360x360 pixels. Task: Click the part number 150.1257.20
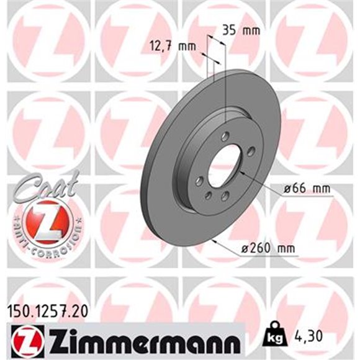(45, 307)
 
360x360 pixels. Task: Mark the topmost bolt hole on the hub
(225, 135)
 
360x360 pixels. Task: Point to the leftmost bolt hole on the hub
(199, 181)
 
